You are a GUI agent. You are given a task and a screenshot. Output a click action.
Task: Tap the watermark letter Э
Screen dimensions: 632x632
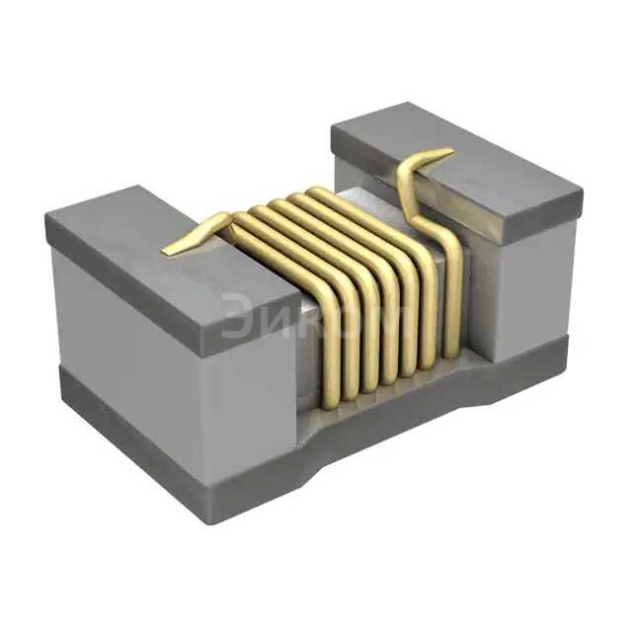coord(236,316)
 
